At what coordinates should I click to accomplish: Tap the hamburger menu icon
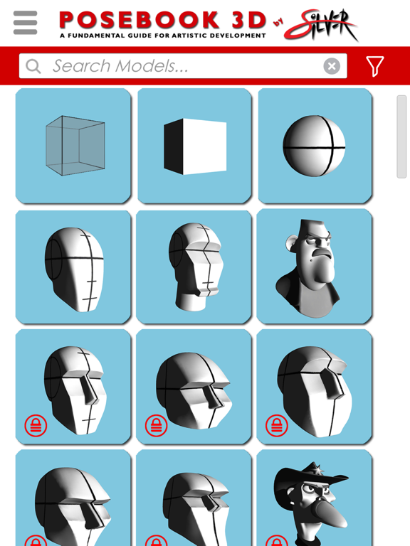tap(25, 23)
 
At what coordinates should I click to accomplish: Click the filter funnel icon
tap(375, 66)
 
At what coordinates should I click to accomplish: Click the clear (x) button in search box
tap(332, 66)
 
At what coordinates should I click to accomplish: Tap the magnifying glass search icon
tap(33, 66)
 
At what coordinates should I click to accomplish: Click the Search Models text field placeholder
tap(120, 66)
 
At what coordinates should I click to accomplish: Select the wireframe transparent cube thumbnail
tap(73, 146)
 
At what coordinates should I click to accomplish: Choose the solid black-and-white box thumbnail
tap(194, 146)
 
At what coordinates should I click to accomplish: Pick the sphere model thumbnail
tap(315, 146)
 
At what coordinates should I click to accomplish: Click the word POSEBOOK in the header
tap(139, 20)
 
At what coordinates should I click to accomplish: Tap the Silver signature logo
tap(321, 24)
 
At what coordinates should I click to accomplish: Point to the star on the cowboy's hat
tap(317, 469)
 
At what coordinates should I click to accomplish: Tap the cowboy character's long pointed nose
tap(330, 515)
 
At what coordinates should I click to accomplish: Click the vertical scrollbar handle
tap(401, 136)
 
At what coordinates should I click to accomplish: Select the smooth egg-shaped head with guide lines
tap(73, 267)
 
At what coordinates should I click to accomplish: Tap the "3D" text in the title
tap(248, 20)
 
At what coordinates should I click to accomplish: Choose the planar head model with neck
tap(194, 267)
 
